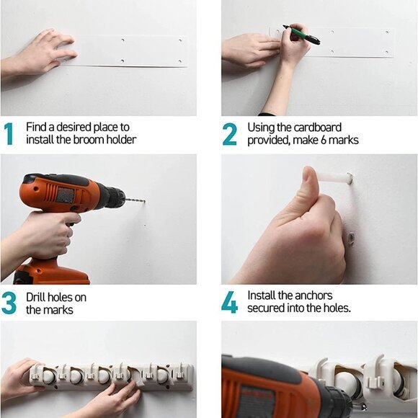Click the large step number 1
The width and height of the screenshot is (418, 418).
coord(9,134)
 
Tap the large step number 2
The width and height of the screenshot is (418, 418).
coord(229,134)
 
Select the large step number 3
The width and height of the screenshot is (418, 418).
coord(9,303)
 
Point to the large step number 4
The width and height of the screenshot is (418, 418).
coord(229,303)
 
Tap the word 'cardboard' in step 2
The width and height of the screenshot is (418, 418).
coord(318,128)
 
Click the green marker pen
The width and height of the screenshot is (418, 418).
coord(301,35)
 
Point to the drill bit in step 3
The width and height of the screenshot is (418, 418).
coord(135,200)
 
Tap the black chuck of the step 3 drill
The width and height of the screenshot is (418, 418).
coord(115,197)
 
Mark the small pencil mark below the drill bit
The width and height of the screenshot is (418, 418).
coord(145,226)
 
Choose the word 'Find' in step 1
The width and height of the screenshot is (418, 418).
coord(36,127)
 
